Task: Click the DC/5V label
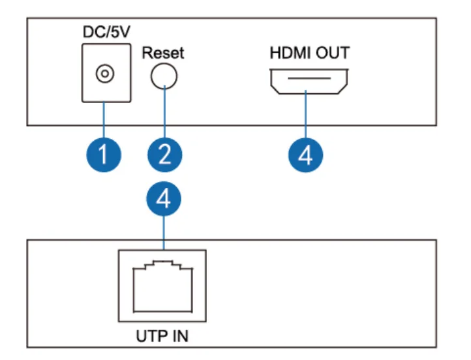[x=106, y=32]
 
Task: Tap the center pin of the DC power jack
[x=105, y=74]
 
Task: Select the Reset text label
[x=163, y=53]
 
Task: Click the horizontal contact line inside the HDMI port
[x=309, y=78]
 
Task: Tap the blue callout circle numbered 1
[x=104, y=155]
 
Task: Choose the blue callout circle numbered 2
[x=164, y=155]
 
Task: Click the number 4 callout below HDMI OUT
[x=305, y=155]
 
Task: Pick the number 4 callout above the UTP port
[x=164, y=199]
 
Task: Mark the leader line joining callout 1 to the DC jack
[x=104, y=120]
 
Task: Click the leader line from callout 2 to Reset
[x=164, y=112]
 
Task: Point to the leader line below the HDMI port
[x=305, y=114]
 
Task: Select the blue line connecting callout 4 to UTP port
[x=164, y=233]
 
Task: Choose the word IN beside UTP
[x=180, y=336]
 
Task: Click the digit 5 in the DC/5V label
[x=115, y=32]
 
